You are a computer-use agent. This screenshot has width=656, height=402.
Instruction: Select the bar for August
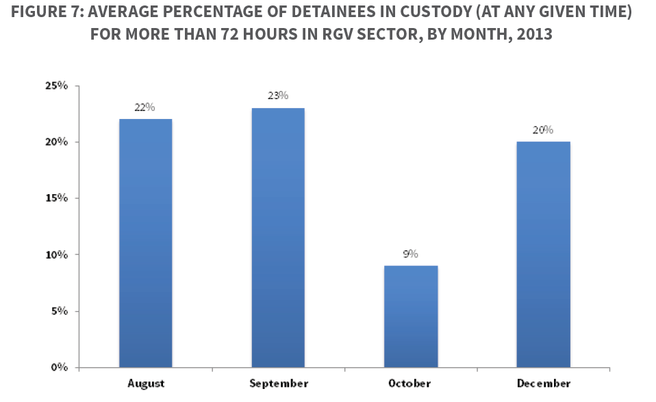click(x=145, y=243)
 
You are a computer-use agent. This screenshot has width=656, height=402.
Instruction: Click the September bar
click(x=278, y=237)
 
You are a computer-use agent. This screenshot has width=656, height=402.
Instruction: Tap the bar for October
click(x=411, y=316)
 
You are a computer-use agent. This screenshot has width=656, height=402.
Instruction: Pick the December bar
click(x=544, y=254)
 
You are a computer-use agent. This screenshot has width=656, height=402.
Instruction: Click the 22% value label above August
click(x=145, y=107)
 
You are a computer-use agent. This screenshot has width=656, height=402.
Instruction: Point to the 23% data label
click(x=278, y=96)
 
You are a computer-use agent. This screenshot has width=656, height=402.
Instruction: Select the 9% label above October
click(x=411, y=254)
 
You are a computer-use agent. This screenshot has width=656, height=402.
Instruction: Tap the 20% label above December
click(x=544, y=130)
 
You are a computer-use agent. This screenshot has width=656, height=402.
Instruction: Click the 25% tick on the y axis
click(x=57, y=86)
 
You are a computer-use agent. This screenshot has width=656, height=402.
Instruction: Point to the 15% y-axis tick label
click(x=57, y=198)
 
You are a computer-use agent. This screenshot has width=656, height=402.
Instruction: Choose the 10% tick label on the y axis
click(x=57, y=255)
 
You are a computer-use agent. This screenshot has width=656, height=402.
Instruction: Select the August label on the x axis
click(x=145, y=384)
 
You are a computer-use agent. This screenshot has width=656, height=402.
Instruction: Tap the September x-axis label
click(x=278, y=384)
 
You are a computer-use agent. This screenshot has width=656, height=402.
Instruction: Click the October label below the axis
click(x=409, y=384)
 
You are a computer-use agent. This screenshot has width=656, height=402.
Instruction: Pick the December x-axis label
click(x=544, y=384)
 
